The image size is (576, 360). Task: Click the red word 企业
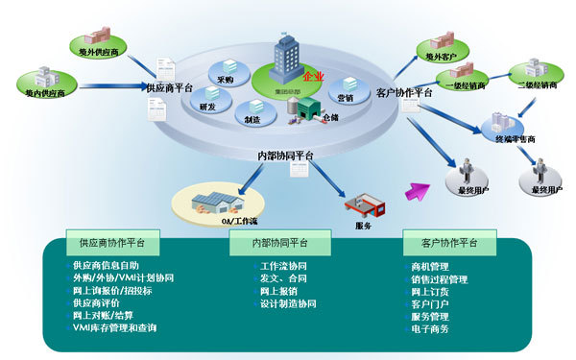click(312, 76)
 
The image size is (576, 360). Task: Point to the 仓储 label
click(331, 116)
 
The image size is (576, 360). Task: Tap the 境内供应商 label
click(45, 93)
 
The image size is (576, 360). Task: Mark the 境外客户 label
click(440, 58)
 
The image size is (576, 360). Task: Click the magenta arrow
click(416, 190)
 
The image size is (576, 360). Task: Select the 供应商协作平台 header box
click(107, 244)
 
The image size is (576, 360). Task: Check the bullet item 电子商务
click(430, 329)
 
